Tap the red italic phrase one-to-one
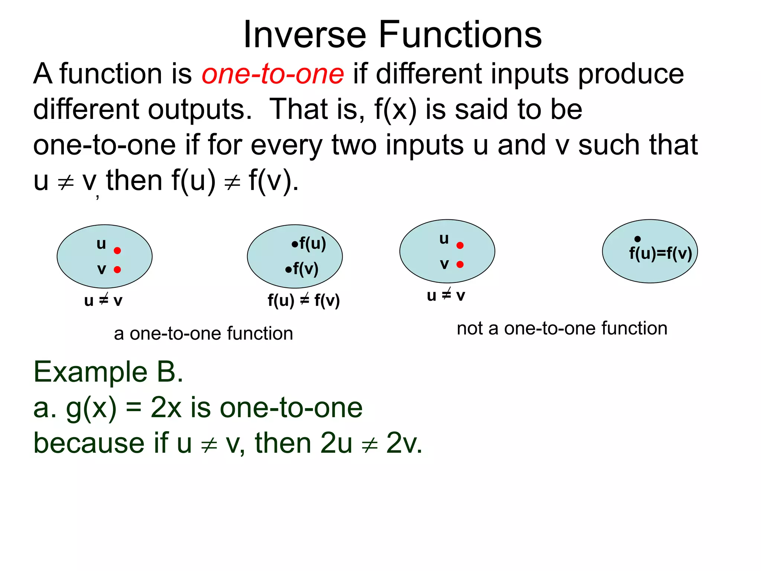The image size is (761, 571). point(273,74)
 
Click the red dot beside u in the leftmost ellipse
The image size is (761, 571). point(117,251)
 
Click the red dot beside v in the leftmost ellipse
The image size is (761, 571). point(117,270)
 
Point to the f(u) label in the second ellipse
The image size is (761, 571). point(313,244)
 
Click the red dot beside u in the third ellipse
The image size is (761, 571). point(460,245)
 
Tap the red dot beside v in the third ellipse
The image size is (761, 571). point(460,264)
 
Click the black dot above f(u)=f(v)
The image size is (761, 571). point(638,239)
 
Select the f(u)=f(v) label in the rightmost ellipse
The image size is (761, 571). point(660,254)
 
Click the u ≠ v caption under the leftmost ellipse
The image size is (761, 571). point(103,300)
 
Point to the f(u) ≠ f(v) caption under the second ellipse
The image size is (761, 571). point(304,300)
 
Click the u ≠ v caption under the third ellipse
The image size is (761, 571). point(446,295)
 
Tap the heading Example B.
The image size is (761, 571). point(108,372)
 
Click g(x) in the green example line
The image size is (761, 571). point(91,408)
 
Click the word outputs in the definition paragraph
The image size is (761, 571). point(200,109)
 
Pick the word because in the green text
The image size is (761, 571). point(89,443)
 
